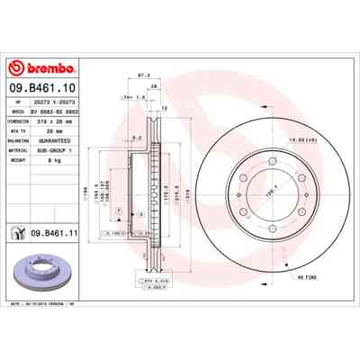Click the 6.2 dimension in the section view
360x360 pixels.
134,137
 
